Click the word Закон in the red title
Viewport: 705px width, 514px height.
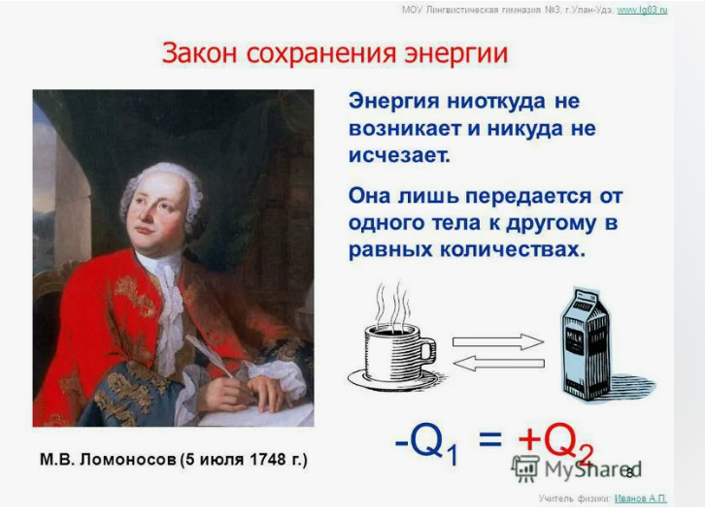click(199, 53)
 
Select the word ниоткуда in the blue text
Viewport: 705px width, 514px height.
click(496, 101)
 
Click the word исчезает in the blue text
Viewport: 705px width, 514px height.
click(399, 155)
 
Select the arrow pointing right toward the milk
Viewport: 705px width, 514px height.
click(498, 342)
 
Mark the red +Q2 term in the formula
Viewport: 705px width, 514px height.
click(555, 443)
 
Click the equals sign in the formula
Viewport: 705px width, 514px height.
click(490, 438)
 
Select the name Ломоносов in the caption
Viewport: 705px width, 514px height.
click(127, 460)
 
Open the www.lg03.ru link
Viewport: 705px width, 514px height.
click(642, 10)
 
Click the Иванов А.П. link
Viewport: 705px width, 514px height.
click(640, 498)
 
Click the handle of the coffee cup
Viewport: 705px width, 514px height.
click(427, 350)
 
